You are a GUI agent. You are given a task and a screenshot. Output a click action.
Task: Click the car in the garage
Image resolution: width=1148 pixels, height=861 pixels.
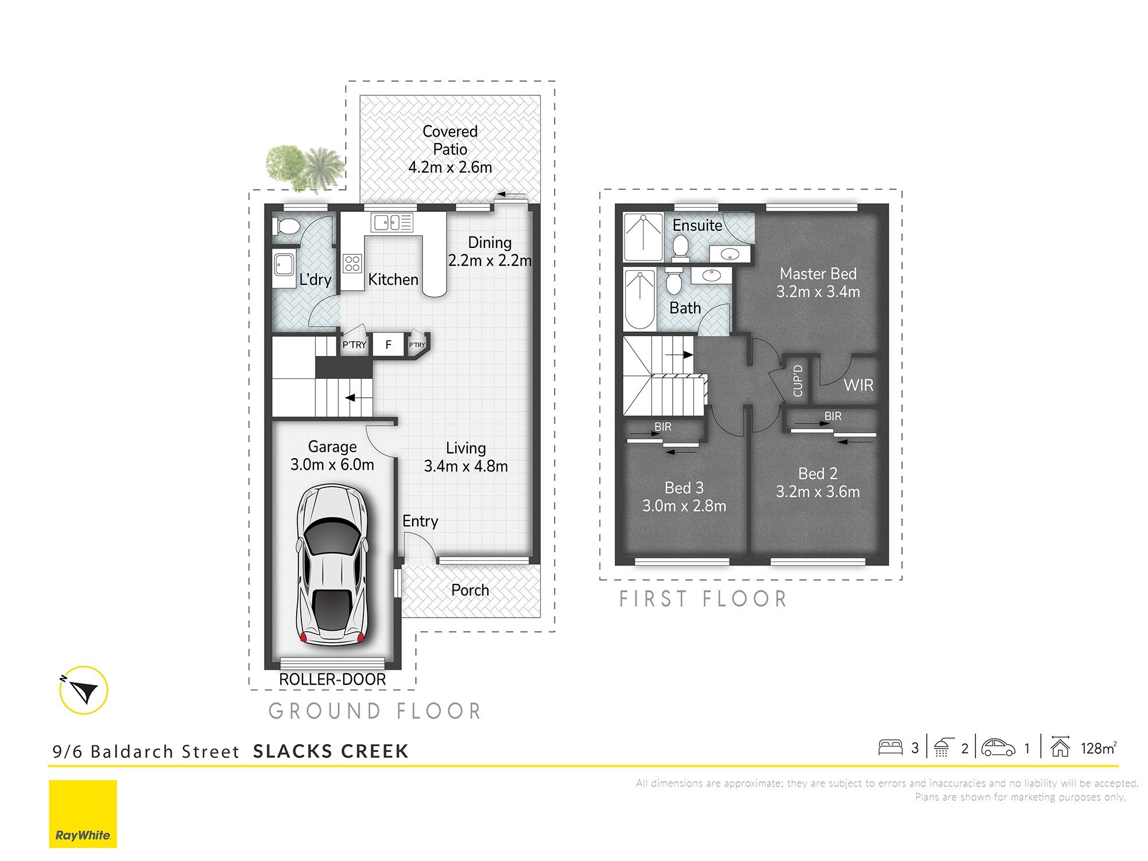[x=332, y=565]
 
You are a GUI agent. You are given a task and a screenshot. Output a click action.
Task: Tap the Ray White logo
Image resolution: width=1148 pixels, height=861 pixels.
[x=83, y=813]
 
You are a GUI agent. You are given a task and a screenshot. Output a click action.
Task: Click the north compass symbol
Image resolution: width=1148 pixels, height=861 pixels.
[x=84, y=689]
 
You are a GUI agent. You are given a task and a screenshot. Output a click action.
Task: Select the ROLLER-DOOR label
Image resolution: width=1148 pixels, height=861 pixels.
[x=332, y=680]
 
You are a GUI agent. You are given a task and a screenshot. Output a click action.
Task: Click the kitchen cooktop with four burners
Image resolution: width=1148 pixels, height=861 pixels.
[x=352, y=264]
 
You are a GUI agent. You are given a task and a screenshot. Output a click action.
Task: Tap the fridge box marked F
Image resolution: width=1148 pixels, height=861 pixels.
[x=389, y=344]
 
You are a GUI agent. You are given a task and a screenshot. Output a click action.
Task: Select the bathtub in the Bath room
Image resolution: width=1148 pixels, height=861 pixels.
[x=639, y=299]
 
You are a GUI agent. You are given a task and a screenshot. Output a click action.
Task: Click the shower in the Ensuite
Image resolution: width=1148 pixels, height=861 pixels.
[x=643, y=238]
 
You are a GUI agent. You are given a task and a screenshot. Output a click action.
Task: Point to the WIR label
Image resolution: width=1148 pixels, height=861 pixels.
[x=858, y=385]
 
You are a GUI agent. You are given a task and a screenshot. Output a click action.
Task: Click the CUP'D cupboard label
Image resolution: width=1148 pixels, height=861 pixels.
[x=797, y=381]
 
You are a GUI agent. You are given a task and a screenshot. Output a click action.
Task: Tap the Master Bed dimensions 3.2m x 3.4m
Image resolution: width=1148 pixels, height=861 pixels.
[x=818, y=292]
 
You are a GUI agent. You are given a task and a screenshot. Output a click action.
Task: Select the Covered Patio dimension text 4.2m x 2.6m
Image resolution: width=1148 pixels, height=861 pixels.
[x=450, y=168]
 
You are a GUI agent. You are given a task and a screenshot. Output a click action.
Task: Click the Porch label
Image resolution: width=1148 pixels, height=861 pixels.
[x=470, y=590]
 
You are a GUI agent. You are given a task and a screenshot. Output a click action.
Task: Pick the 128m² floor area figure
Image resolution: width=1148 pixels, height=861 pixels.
[x=1098, y=748]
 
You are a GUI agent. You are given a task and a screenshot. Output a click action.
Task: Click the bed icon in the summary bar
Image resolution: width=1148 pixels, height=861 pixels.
[x=890, y=747]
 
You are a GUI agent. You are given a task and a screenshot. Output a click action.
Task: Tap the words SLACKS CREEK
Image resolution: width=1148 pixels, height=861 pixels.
[x=331, y=751]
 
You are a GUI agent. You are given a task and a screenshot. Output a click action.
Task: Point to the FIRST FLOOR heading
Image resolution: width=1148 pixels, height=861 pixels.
[x=703, y=599]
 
